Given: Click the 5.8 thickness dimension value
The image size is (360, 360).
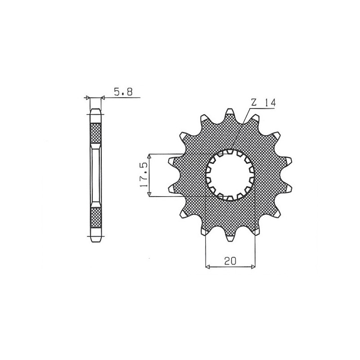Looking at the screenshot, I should [123, 93].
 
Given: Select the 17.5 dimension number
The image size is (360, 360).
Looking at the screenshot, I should [144, 175].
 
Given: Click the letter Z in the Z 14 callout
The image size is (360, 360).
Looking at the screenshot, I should [253, 103].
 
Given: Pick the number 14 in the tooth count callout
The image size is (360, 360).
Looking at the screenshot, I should [270, 103].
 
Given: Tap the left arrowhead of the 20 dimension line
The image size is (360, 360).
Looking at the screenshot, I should [207, 267].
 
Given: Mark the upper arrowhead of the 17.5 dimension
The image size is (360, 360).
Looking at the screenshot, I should [150, 156].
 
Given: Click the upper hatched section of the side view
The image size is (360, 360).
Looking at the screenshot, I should [96, 131].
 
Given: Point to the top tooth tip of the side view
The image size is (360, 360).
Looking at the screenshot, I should [96, 111].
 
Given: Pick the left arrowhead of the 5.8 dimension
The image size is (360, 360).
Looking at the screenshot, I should [88, 97].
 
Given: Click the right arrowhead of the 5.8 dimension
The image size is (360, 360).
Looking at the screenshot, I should [103, 97].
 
